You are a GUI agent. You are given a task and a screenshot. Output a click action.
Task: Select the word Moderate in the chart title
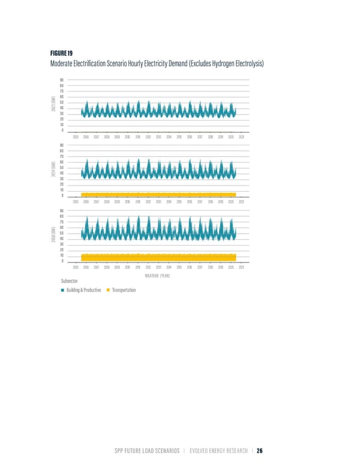pos(73,64)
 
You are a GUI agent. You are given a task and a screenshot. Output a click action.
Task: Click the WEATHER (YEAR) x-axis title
pos(158,276)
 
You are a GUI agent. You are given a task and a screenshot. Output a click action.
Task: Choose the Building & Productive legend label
pos(83,291)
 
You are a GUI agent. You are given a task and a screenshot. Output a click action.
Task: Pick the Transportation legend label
pos(124,291)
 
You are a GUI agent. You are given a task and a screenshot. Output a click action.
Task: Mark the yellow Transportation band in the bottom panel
pos(158,258)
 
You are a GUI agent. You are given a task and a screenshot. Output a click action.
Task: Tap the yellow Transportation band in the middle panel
pos(158,194)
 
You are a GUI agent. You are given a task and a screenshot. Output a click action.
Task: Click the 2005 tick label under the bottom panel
pos(76,267)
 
